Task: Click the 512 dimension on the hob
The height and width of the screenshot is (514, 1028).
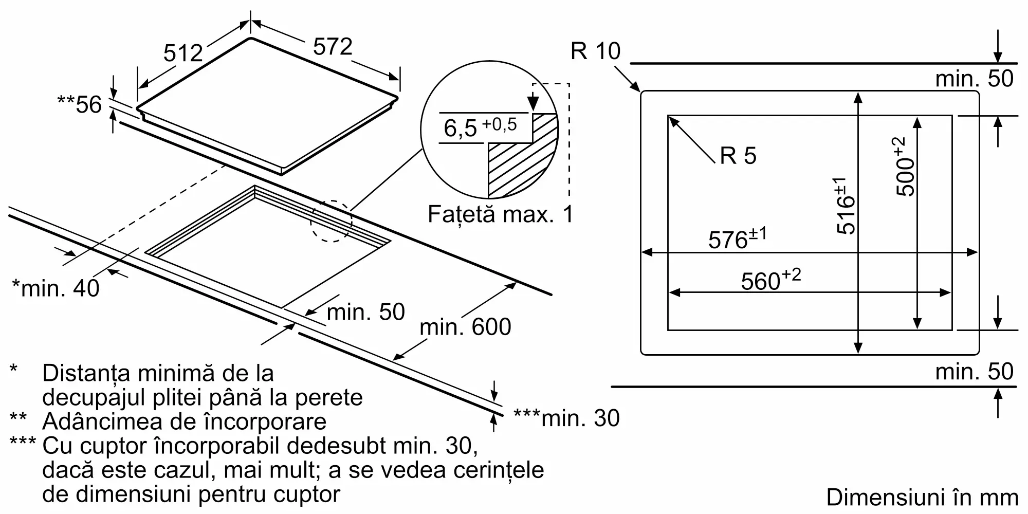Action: pyautogui.click(x=183, y=53)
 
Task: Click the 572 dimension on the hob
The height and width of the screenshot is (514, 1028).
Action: pyautogui.click(x=333, y=47)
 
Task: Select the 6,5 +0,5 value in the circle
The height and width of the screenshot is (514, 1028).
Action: pyautogui.click(x=480, y=127)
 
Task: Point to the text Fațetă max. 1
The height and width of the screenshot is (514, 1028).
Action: pyautogui.click(x=500, y=214)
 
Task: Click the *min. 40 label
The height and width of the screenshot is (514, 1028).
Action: pyautogui.click(x=56, y=288)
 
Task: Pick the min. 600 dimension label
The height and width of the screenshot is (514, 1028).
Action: pyautogui.click(x=465, y=327)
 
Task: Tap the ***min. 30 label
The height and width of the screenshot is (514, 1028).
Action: pyautogui.click(x=566, y=418)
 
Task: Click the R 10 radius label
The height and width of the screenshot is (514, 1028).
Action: pyautogui.click(x=595, y=51)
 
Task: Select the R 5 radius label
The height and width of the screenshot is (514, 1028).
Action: pyautogui.click(x=738, y=155)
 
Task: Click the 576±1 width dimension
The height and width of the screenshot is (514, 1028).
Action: pyautogui.click(x=737, y=239)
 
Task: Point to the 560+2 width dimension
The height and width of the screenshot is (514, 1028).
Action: pyautogui.click(x=770, y=280)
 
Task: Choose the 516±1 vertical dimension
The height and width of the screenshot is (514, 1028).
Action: pyautogui.click(x=845, y=206)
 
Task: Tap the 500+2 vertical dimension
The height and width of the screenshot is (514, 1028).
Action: pyautogui.click(x=905, y=167)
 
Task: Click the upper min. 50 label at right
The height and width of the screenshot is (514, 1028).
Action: pyautogui.click(x=974, y=79)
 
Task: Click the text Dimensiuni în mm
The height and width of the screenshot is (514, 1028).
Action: pyautogui.click(x=922, y=497)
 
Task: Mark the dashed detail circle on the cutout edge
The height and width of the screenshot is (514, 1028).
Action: pyautogui.click(x=331, y=222)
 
